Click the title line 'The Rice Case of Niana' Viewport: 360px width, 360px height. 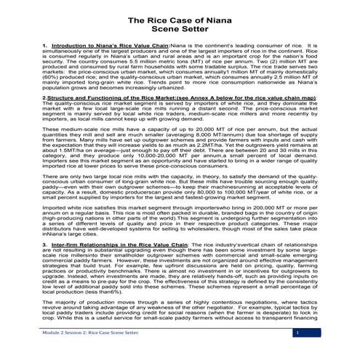pos(179,21)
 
